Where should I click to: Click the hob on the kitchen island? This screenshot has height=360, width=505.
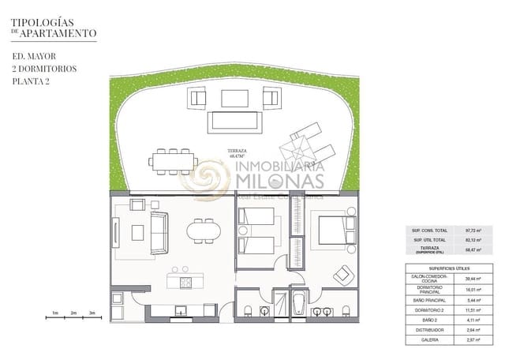tap(186, 281)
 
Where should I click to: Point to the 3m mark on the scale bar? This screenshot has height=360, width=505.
tap(92, 313)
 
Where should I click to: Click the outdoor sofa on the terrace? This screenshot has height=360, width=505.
tap(232, 122)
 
